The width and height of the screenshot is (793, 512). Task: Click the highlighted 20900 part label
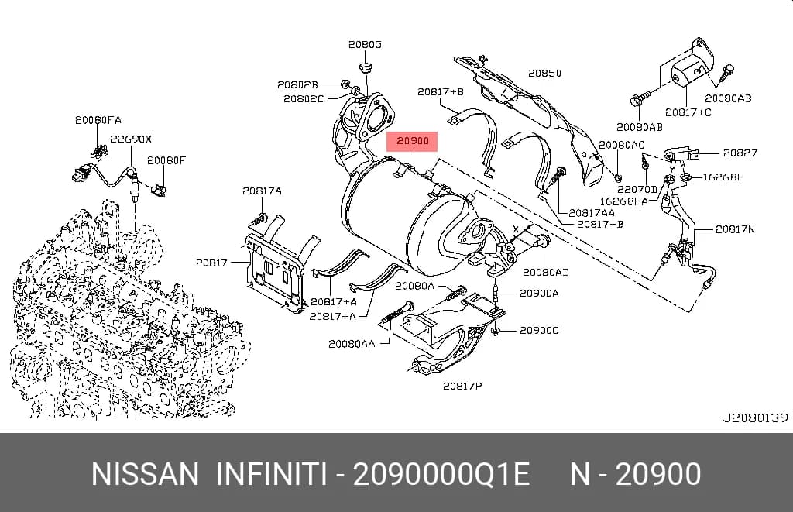click(x=412, y=141)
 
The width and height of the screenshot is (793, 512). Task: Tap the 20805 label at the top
click(x=365, y=44)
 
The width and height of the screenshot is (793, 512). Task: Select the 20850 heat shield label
click(x=544, y=74)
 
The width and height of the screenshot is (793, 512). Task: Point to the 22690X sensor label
click(x=131, y=139)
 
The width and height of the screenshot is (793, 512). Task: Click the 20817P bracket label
click(x=462, y=386)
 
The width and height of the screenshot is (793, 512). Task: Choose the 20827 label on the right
click(x=740, y=153)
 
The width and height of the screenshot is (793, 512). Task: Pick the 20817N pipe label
click(x=735, y=229)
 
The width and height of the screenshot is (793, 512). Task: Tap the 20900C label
click(x=539, y=331)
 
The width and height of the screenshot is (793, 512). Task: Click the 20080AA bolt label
click(x=352, y=344)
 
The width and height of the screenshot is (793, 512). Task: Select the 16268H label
click(x=723, y=177)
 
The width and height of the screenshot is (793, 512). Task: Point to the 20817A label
click(x=262, y=191)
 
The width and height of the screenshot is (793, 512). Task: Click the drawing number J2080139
click(x=755, y=418)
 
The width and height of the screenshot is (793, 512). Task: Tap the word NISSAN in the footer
click(x=145, y=475)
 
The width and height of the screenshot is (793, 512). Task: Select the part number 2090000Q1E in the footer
click(x=441, y=475)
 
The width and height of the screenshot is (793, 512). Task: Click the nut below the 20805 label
click(x=366, y=68)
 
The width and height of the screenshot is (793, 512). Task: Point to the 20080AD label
click(x=546, y=272)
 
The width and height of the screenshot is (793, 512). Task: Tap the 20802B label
click(x=297, y=85)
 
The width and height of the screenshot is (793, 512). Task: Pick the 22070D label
click(x=637, y=189)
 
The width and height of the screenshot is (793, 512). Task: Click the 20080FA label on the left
click(x=98, y=120)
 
